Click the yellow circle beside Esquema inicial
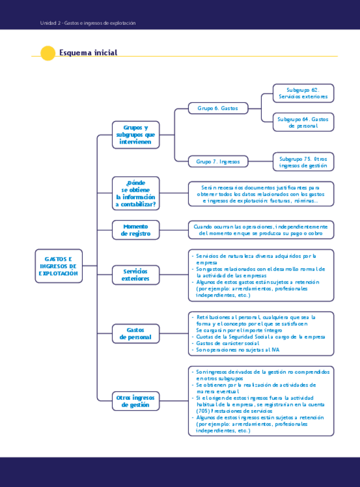pyautogui.click(x=48, y=53)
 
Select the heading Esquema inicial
pyautogui.click(x=88, y=53)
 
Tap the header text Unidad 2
pyautogui.click(x=48, y=23)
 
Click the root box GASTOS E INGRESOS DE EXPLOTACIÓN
pyautogui.click(x=58, y=266)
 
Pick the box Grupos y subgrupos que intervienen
pyautogui.click(x=136, y=134)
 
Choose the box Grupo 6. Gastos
pyautogui.click(x=218, y=108)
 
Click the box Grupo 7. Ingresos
pyautogui.click(x=218, y=161)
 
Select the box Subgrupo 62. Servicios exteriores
pyautogui.click(x=303, y=93)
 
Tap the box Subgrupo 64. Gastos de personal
pyautogui.click(x=303, y=122)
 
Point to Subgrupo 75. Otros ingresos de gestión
pyautogui.click(x=303, y=161)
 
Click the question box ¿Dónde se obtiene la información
pyautogui.click(x=136, y=194)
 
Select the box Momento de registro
pyautogui.click(x=136, y=230)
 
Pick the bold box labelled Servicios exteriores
pyautogui.click(x=136, y=275)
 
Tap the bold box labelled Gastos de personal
pyautogui.click(x=136, y=333)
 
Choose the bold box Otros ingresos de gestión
pyautogui.click(x=136, y=401)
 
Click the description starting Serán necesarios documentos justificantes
pyautogui.click(x=261, y=194)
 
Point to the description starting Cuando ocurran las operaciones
pyautogui.click(x=261, y=230)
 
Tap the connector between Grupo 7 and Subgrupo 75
pyautogui.click(x=260, y=161)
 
